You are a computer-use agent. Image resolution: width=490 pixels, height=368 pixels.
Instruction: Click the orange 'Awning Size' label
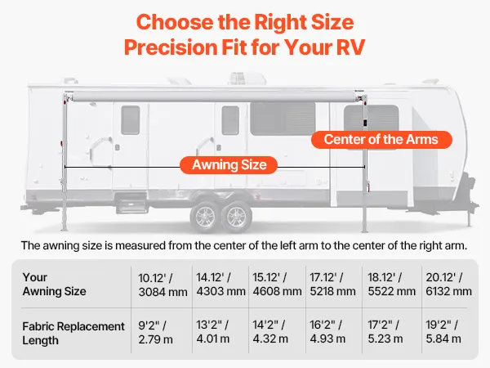click(229, 165)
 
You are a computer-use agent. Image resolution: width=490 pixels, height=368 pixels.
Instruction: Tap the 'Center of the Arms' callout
click(381, 140)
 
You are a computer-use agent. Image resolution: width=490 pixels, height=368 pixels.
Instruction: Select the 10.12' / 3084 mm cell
click(163, 285)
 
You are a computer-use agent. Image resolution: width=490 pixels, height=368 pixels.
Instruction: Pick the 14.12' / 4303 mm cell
click(220, 284)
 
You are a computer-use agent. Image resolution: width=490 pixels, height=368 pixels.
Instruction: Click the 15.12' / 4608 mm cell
click(277, 284)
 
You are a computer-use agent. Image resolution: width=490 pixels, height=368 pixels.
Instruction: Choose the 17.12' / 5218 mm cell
click(333, 284)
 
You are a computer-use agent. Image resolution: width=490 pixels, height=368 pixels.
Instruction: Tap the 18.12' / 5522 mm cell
click(391, 284)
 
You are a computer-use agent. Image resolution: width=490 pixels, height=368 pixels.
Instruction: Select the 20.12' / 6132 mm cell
click(448, 284)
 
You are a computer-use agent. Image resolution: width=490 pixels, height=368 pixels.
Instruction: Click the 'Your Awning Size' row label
click(54, 284)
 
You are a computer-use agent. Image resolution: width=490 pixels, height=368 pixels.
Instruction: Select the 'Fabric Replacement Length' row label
click(73, 334)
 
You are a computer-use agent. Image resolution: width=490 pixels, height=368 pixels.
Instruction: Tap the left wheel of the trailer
click(204, 217)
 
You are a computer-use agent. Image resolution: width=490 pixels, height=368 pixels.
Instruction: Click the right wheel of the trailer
click(236, 217)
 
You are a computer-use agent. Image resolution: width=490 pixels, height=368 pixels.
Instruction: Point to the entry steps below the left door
click(131, 203)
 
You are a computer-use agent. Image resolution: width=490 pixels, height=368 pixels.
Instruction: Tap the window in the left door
click(131, 120)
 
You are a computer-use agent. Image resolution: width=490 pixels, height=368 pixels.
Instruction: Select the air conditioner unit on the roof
click(247, 79)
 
